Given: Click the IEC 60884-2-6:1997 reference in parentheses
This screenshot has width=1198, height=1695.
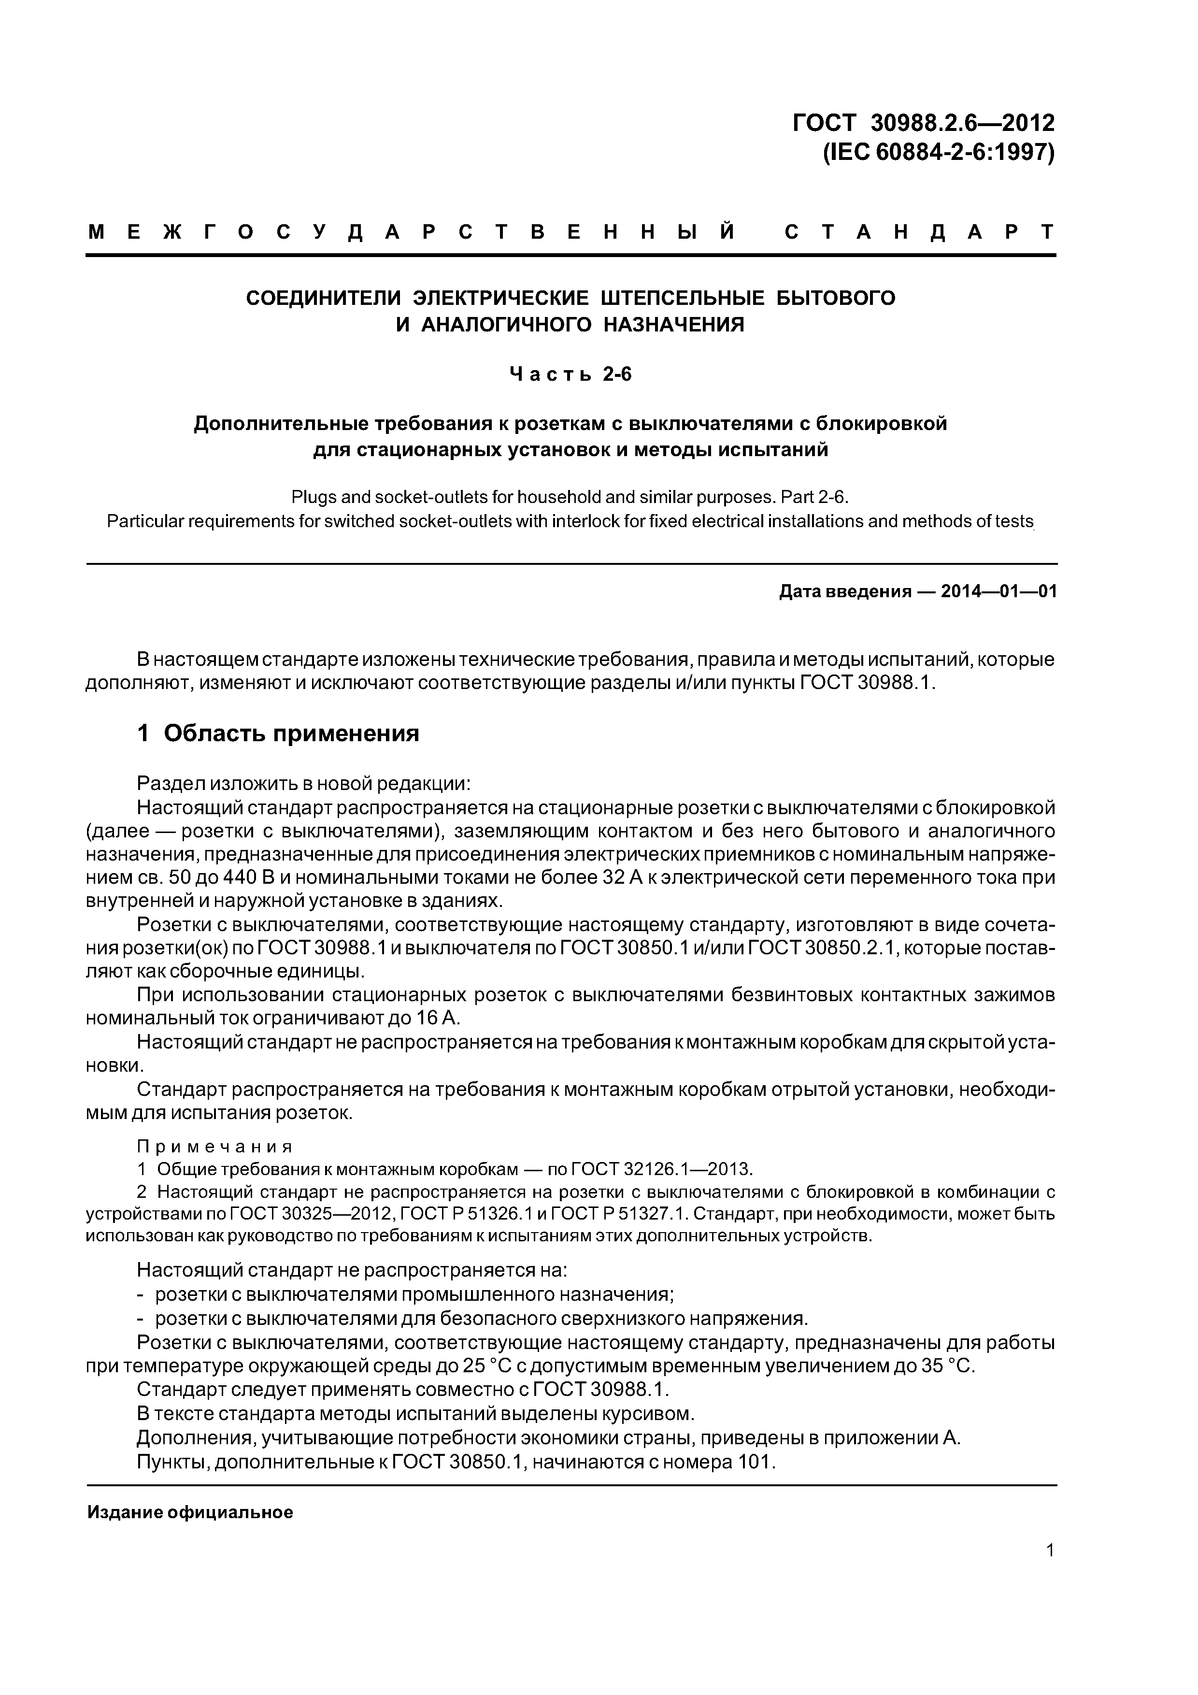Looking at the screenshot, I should click(x=938, y=152).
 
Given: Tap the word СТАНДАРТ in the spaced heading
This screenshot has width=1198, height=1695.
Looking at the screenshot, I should click(x=919, y=232).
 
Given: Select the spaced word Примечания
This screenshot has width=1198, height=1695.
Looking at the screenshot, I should click(x=215, y=1147).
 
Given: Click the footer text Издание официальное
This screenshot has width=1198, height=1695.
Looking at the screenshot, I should click(x=190, y=1512).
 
